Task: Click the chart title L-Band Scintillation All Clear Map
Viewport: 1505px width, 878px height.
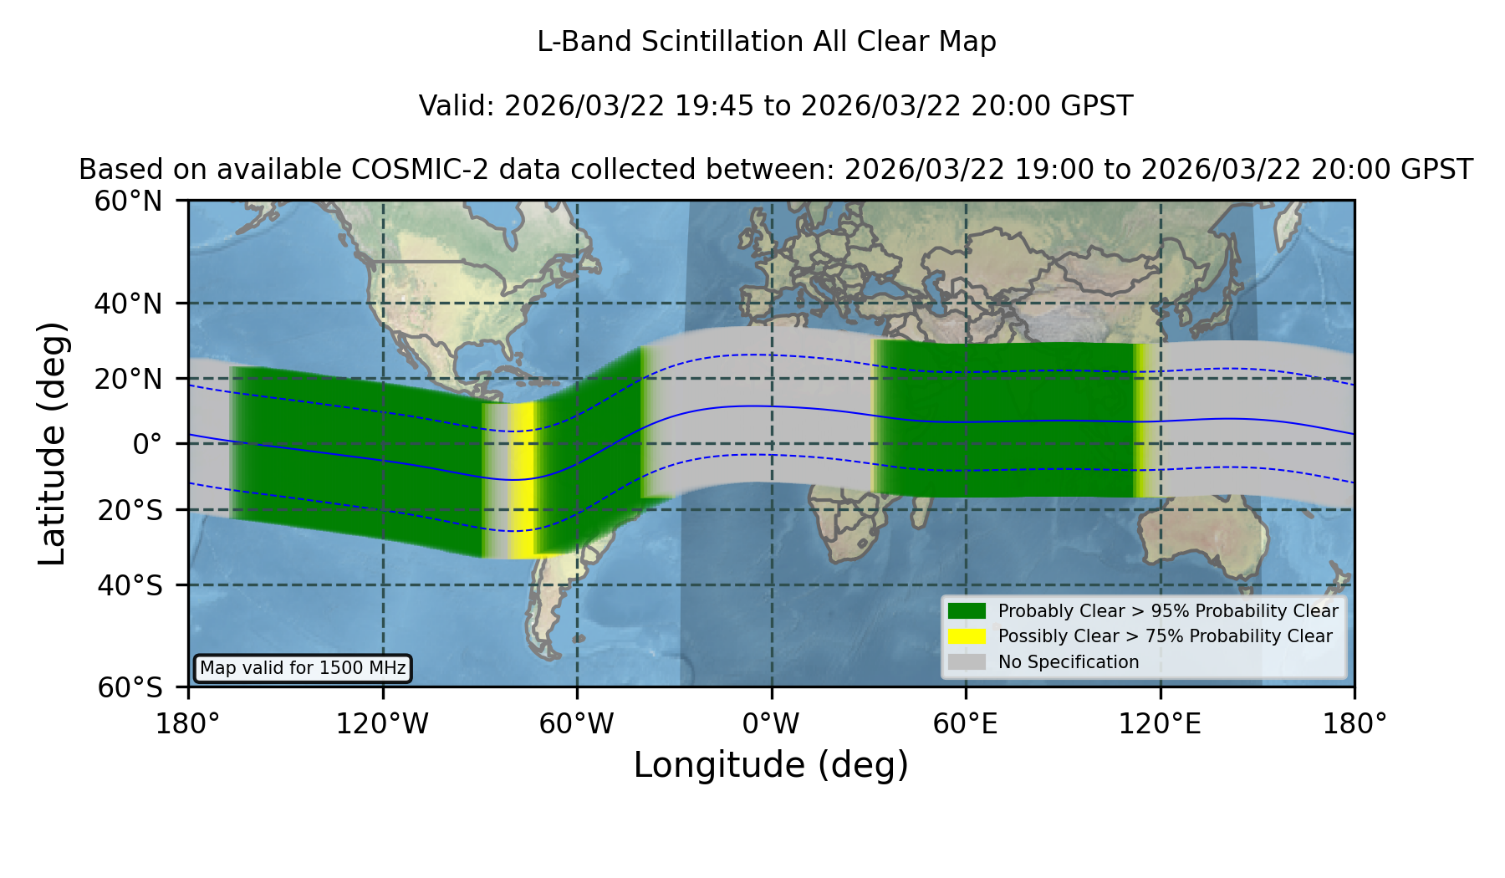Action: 766,42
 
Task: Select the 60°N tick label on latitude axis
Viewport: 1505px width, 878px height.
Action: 129,202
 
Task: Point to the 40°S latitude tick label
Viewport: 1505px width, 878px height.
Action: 130,585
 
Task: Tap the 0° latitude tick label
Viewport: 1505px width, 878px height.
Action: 147,444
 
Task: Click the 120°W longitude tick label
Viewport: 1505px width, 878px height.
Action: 382,723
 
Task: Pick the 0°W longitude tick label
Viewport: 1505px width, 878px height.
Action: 771,723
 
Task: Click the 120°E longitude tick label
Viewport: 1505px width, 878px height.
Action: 1160,723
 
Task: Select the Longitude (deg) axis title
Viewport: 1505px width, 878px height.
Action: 771,765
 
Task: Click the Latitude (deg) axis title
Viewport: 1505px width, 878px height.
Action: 52,443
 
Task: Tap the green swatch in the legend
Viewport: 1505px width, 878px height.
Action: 967,611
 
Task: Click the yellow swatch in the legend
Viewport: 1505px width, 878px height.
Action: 967,636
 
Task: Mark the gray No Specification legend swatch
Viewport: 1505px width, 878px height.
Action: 967,662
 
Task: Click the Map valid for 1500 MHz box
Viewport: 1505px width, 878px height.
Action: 303,668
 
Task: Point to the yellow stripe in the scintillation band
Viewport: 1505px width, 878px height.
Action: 523,480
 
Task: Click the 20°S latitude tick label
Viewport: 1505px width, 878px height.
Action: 130,510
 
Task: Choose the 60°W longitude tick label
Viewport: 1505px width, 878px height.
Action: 576,723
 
